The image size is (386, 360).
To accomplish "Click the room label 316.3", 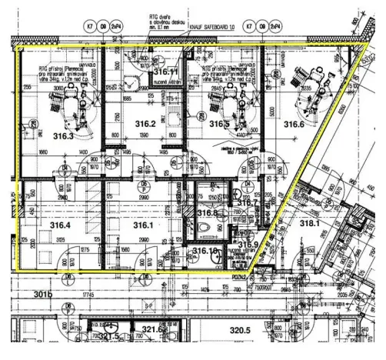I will click(64, 136).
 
